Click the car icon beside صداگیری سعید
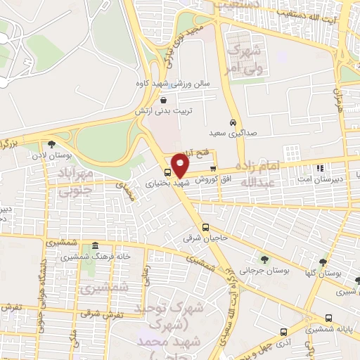[233, 122]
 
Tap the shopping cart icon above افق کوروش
[213, 168]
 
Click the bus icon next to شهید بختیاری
[167, 172]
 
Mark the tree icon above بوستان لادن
[51, 144]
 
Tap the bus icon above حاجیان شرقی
[205, 227]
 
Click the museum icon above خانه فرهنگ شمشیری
[95, 246]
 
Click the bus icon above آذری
[283, 331]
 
